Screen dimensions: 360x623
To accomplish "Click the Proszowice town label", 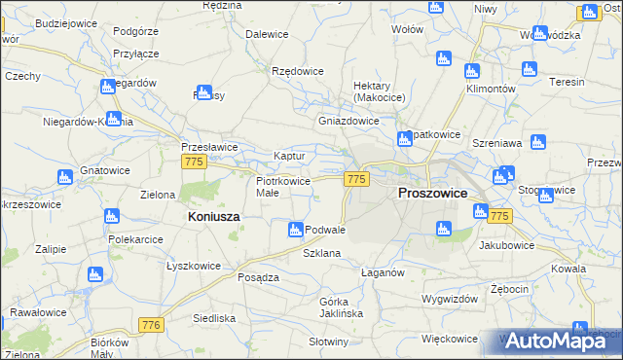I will [x=432, y=194].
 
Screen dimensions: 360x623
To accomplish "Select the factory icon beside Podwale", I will [x=295, y=230].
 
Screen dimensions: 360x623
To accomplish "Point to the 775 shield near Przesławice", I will [x=193, y=163].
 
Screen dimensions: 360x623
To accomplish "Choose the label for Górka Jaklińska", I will [x=340, y=307].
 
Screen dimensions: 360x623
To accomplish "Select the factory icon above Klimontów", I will [x=472, y=71].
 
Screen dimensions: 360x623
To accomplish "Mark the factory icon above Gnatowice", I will [x=65, y=177].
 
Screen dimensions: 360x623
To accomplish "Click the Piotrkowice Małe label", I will [x=282, y=187].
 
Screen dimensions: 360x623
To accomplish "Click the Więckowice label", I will [x=450, y=339].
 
